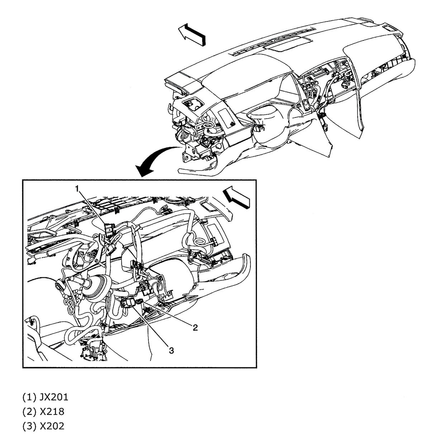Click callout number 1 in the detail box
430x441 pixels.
77,188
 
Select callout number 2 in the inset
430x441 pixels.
195,327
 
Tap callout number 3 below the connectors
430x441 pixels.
171,351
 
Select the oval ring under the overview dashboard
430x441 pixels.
209,125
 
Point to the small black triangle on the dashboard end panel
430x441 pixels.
233,124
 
